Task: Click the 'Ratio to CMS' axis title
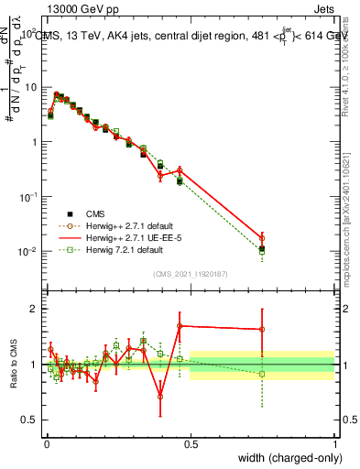(x=14, y=365)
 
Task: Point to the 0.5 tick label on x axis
(x=191, y=442)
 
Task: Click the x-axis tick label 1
(x=334, y=442)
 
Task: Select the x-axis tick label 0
(x=47, y=442)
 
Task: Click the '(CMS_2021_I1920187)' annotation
(x=191, y=272)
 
